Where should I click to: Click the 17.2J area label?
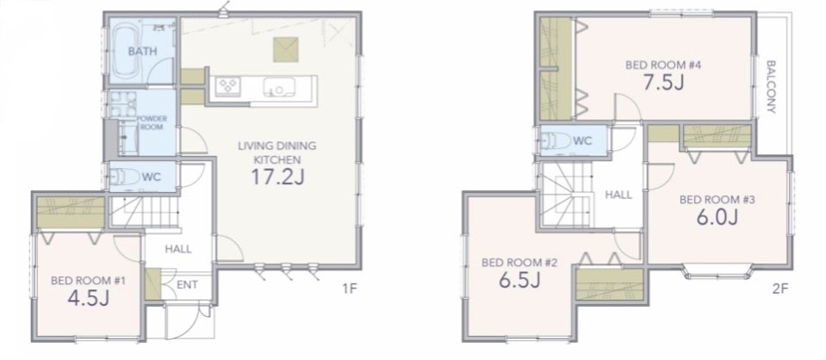(x=277, y=177)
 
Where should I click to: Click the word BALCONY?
(x=771, y=87)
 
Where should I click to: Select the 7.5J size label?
(x=663, y=82)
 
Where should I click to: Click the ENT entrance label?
(x=187, y=284)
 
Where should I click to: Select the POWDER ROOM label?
(x=152, y=123)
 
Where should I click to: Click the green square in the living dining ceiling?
(x=285, y=50)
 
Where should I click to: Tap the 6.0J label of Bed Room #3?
(x=717, y=217)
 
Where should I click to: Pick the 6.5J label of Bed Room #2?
(x=520, y=279)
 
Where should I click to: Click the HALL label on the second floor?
(x=618, y=195)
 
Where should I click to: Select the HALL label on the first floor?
(x=178, y=249)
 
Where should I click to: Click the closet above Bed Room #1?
(x=71, y=213)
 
